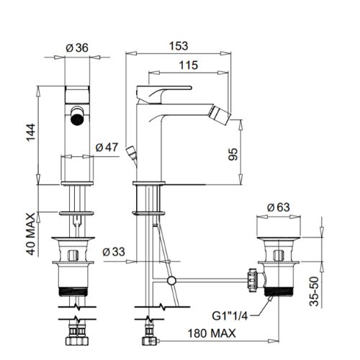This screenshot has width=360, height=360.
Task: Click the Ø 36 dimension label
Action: [77, 48]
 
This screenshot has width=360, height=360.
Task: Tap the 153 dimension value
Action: [179, 46]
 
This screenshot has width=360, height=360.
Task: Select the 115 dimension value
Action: [189, 65]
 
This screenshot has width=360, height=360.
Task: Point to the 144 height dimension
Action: [31, 132]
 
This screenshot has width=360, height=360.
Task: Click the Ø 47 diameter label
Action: [107, 147]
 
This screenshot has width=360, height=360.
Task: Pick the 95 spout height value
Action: [233, 154]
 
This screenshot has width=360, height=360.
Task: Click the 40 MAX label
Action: [31, 235]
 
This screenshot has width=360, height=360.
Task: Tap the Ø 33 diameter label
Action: [114, 252]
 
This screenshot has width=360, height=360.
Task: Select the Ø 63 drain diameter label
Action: [279, 207]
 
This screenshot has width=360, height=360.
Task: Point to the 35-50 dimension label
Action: [314, 292]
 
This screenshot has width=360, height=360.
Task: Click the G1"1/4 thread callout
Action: [230, 316]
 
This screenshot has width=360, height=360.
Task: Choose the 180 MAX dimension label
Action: [212, 333]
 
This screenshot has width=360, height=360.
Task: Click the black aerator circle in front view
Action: [77, 119]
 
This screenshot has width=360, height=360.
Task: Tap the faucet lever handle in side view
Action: [164, 94]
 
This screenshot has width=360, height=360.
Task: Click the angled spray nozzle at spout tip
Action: [220, 114]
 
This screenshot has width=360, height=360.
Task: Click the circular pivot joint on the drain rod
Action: [171, 280]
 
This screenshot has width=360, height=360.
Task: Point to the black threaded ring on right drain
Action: [279, 292]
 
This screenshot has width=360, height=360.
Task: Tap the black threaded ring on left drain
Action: [73, 292]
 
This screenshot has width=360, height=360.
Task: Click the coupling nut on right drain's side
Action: [253, 280]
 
